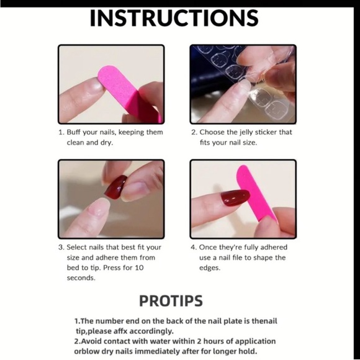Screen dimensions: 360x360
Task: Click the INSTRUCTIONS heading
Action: tap(174, 18)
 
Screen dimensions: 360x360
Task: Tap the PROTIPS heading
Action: tap(171, 301)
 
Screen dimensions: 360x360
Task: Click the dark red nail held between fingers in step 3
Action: tap(116, 187)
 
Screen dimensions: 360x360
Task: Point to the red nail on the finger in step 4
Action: tap(235, 197)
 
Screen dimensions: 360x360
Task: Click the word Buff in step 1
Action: tap(73, 132)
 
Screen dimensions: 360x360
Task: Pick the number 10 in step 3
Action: tap(139, 268)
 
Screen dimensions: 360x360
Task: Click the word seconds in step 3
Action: tap(81, 278)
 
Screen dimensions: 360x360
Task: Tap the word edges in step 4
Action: tap(210, 268)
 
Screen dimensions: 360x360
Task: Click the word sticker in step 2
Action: tap(266, 132)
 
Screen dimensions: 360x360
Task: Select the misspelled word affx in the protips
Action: tap(120, 331)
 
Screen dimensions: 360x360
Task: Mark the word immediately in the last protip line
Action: tap(158, 351)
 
